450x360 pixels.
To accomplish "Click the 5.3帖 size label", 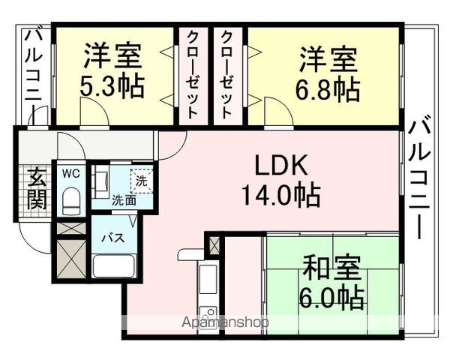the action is [112, 87].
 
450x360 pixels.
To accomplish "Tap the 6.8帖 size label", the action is [328, 89].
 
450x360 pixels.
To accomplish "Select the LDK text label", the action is [281, 165].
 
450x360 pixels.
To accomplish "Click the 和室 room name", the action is [331, 268].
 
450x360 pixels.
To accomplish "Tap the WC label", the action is [71, 174].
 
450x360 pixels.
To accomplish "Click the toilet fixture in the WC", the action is [71, 201].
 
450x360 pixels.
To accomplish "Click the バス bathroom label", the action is [114, 238].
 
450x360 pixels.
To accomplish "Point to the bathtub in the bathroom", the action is [114, 265].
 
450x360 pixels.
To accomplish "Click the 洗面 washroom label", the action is [124, 201].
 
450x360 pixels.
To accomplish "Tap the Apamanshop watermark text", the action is [226, 322].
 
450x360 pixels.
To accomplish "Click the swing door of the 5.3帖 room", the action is [94, 112].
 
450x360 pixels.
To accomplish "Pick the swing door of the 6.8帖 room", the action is [278, 112].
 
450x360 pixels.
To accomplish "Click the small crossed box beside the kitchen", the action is [214, 246].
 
